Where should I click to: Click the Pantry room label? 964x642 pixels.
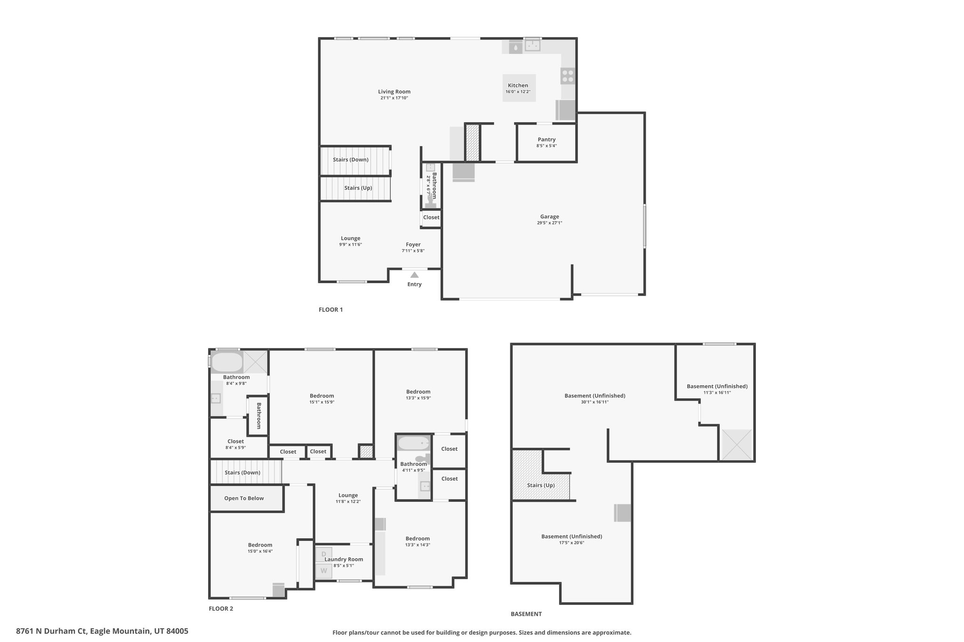546,140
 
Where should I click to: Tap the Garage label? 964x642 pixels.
549,217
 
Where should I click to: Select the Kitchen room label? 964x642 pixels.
518,86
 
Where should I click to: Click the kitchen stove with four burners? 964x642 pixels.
568,76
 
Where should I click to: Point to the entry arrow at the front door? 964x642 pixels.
414,275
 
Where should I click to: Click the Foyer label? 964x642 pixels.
413,245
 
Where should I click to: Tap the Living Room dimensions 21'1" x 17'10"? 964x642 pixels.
394,98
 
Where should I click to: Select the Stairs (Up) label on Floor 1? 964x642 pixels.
358,188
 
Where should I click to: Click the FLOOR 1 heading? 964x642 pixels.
331,309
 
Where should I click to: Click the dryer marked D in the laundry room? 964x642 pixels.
323,554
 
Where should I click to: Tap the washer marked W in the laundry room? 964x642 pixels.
323,571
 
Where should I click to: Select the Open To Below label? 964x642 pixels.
244,499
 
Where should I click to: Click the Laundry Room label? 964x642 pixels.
344,560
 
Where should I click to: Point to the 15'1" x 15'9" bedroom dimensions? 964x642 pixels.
322,402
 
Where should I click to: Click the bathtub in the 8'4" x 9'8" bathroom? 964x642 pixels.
227,362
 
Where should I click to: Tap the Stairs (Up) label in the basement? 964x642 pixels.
541,485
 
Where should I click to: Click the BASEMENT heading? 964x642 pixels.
526,614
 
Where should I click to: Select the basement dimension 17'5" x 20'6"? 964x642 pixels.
571,543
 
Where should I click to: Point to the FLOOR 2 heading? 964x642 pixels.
221,608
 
